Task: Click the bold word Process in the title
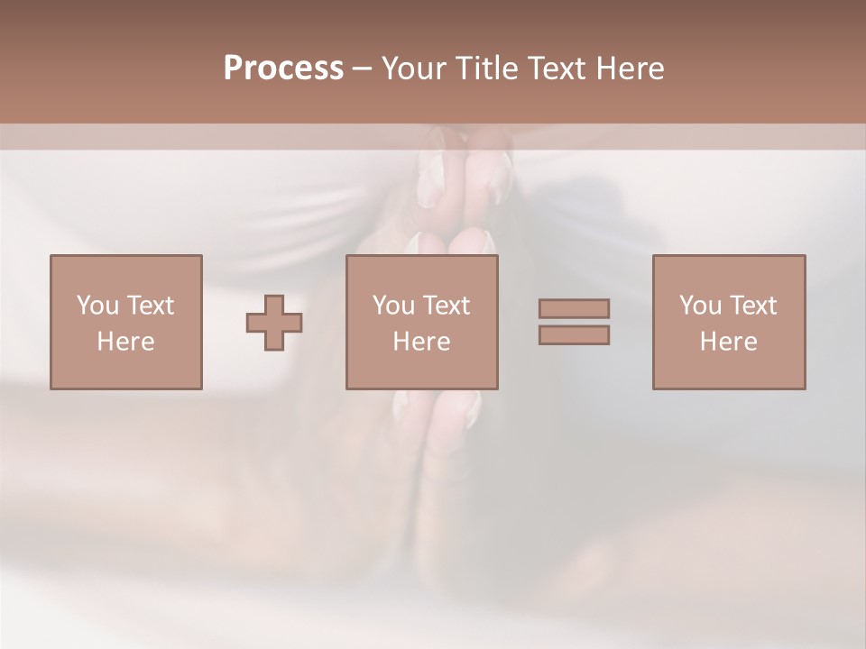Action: pyautogui.click(x=283, y=69)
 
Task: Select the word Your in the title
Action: pyautogui.click(x=411, y=69)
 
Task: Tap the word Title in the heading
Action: pyautogui.click(x=485, y=69)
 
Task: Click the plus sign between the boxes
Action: pyautogui.click(x=274, y=322)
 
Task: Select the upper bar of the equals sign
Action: pyautogui.click(x=574, y=308)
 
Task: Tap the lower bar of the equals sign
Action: pyautogui.click(x=574, y=334)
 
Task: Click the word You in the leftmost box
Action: pyautogui.click(x=97, y=306)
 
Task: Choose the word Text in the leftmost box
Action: pyautogui.click(x=150, y=306)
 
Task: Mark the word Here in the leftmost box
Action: pyautogui.click(x=125, y=342)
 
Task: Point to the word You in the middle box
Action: pyautogui.click(x=393, y=306)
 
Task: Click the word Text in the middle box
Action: pyautogui.click(x=446, y=306)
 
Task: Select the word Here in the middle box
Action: pyautogui.click(x=421, y=342)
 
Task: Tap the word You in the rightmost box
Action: pyautogui.click(x=700, y=306)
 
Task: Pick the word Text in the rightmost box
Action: pyautogui.click(x=752, y=306)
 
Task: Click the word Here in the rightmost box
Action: pyautogui.click(x=728, y=342)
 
